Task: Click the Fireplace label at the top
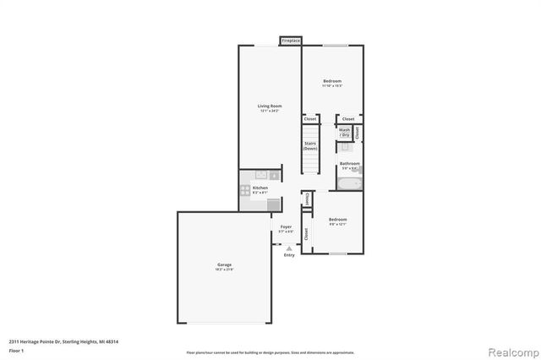tap(292, 41)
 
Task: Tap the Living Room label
tap(270, 106)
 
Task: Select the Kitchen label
tap(260, 188)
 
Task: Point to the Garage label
tap(224, 265)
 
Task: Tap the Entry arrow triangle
tap(290, 248)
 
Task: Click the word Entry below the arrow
tap(290, 255)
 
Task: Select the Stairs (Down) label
tap(310, 145)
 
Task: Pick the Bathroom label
tap(350, 163)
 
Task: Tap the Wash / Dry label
tap(345, 133)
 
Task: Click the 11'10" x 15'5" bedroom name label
tap(332, 81)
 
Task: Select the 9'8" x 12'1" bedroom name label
tap(338, 220)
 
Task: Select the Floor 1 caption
tap(15, 349)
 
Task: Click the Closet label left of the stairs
tap(310, 119)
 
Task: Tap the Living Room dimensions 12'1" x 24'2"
tap(270, 111)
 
